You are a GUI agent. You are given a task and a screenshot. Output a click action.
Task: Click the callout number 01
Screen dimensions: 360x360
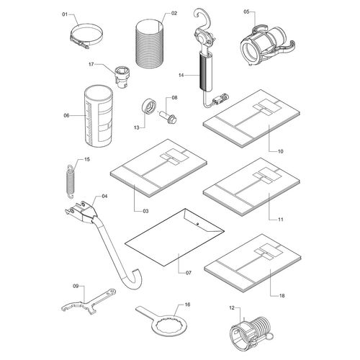click(65, 14)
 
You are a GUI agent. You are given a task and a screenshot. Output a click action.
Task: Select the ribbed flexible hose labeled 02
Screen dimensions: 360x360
click(150, 45)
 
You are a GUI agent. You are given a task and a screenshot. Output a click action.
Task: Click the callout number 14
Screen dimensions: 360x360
click(181, 76)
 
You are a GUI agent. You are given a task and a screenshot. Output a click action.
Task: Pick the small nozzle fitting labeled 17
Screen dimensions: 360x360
click(122, 77)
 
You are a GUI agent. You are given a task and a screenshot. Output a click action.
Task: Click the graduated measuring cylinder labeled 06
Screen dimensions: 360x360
click(99, 116)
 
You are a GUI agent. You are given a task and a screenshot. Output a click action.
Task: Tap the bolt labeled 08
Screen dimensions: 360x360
click(168, 116)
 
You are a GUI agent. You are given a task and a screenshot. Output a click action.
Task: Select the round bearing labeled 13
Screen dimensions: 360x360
click(148, 107)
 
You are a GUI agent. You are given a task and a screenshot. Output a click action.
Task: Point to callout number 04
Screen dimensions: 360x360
click(104, 197)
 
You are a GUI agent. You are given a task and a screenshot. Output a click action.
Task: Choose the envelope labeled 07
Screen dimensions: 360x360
click(174, 237)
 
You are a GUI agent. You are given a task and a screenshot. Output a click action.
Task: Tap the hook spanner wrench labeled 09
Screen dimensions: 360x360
click(88, 302)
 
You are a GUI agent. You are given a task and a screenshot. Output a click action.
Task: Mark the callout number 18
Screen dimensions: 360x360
click(282, 296)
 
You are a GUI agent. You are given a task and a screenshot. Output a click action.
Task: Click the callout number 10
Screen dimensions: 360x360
click(281, 151)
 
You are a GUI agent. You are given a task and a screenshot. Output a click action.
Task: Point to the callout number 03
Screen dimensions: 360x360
click(145, 211)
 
